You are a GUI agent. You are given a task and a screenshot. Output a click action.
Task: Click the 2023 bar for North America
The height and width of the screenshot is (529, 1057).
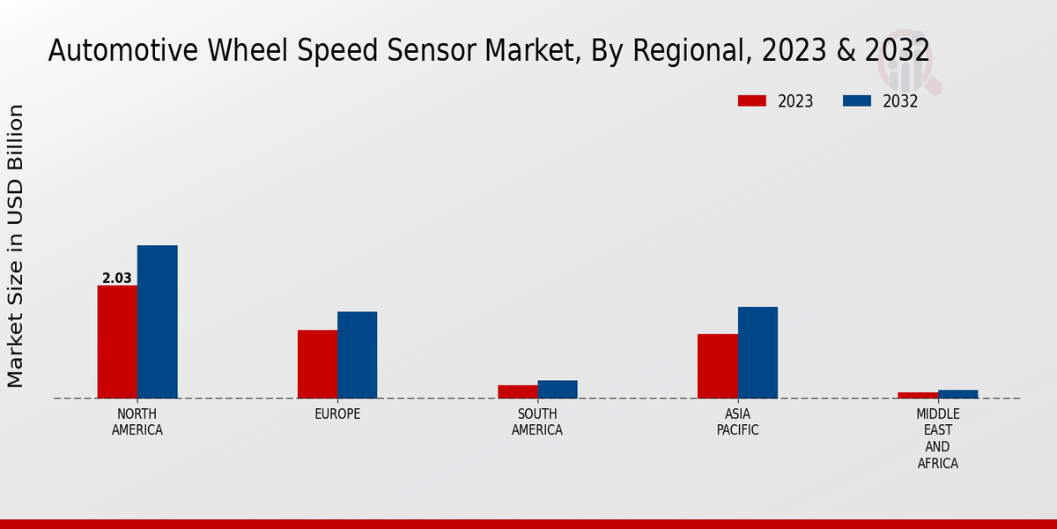pyautogui.click(x=117, y=342)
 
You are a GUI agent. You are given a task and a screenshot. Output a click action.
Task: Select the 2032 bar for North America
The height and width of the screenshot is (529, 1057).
pyautogui.click(x=157, y=322)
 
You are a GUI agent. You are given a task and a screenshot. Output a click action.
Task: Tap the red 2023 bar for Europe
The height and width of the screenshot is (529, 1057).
pyautogui.click(x=317, y=364)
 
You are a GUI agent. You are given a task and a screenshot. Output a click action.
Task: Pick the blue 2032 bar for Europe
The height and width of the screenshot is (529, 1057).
pyautogui.click(x=357, y=354)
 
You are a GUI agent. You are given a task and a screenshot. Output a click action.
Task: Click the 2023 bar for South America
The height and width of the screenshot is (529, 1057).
pyautogui.click(x=517, y=391)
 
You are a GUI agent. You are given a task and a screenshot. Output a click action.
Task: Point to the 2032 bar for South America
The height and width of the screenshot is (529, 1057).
pyautogui.click(x=558, y=389)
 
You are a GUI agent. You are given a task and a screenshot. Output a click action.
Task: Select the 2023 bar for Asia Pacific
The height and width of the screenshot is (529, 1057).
pyautogui.click(x=717, y=366)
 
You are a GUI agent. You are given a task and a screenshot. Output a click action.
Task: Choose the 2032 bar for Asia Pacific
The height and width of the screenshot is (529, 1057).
pyautogui.click(x=758, y=353)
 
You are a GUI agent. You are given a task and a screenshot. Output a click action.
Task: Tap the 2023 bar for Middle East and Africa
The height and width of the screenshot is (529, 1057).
pyautogui.click(x=918, y=395)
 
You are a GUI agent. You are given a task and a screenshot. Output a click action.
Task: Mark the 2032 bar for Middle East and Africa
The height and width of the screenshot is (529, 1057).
pyautogui.click(x=957, y=394)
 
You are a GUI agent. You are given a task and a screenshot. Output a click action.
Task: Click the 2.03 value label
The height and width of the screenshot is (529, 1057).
pyautogui.click(x=117, y=279)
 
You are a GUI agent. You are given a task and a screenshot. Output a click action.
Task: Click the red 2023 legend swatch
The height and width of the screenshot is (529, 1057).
pyautogui.click(x=751, y=101)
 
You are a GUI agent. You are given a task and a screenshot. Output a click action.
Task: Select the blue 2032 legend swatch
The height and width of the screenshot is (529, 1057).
pyautogui.click(x=856, y=101)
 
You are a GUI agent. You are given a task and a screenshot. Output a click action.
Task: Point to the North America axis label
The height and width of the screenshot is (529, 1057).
pyautogui.click(x=137, y=422)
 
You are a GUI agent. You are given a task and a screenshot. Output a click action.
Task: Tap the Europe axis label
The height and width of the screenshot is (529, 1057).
pyautogui.click(x=337, y=414)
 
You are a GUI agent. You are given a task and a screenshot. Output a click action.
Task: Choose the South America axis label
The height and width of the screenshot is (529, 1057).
pyautogui.click(x=537, y=422)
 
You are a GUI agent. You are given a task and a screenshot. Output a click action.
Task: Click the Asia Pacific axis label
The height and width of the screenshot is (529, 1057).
pyautogui.click(x=737, y=422)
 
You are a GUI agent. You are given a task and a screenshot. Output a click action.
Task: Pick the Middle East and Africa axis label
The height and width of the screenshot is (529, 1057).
pyautogui.click(x=938, y=438)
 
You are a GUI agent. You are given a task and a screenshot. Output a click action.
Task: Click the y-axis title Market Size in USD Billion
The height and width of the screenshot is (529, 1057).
pyautogui.click(x=16, y=246)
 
